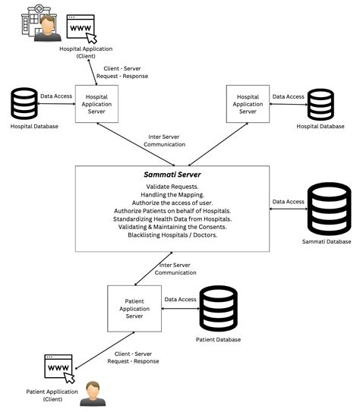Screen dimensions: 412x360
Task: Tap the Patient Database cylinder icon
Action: [x=218, y=308]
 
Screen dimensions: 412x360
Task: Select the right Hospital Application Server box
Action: [x=248, y=104]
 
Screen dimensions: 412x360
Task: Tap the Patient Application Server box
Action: [x=133, y=308]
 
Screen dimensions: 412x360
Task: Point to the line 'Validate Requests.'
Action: [x=172, y=186]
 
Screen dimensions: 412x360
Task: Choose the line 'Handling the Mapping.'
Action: [x=172, y=194]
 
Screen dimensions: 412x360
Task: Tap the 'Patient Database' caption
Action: [x=218, y=339]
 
